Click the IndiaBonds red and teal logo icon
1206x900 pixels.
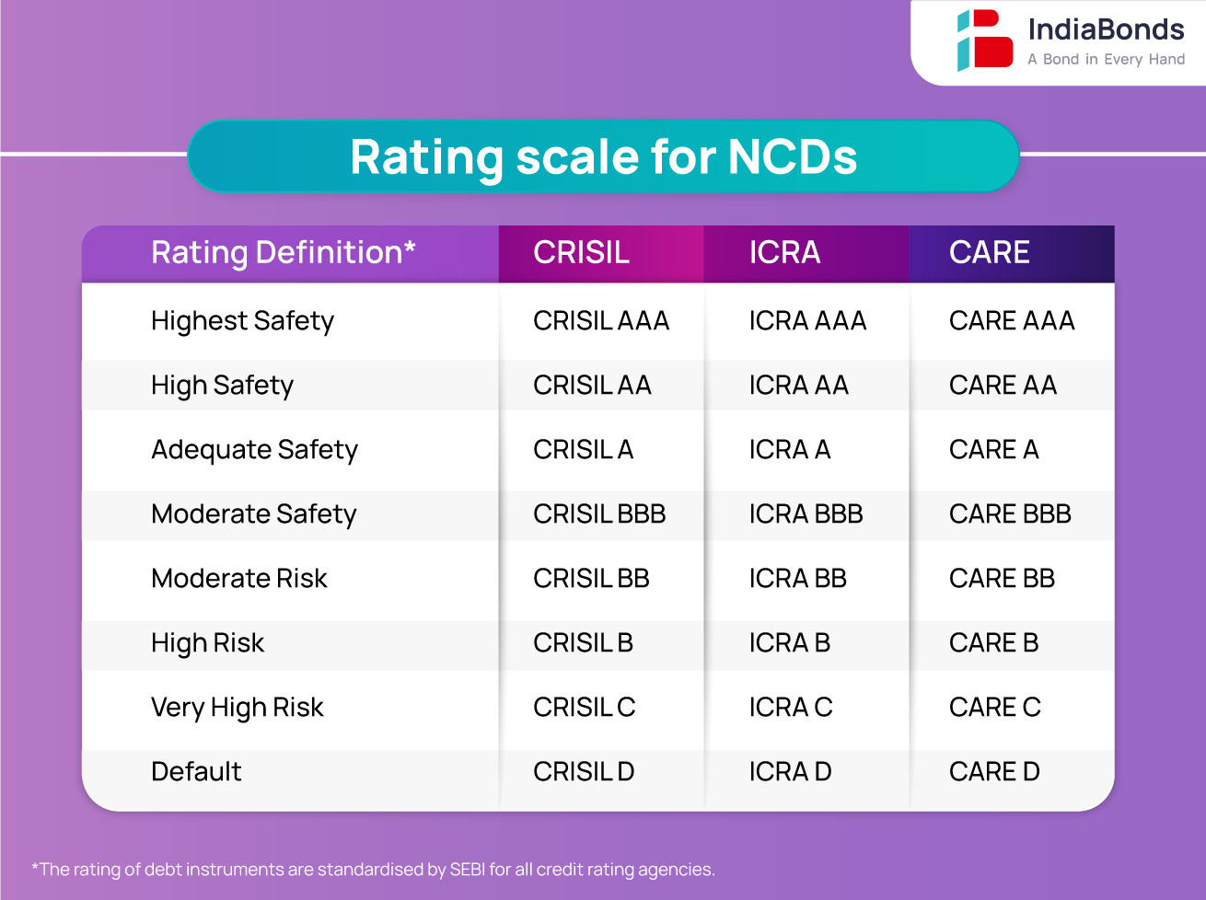pyautogui.click(x=984, y=40)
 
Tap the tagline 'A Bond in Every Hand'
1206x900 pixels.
pyautogui.click(x=1106, y=60)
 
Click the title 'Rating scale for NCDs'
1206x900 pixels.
pyautogui.click(x=603, y=156)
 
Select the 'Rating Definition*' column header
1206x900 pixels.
pyautogui.click(x=284, y=252)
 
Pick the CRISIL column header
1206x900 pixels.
pyautogui.click(x=581, y=252)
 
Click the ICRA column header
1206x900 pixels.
pyautogui.click(x=784, y=252)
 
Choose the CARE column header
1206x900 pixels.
pyautogui.click(x=989, y=252)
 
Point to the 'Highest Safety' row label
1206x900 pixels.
pyautogui.click(x=242, y=321)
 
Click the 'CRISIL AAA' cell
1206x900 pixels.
pyautogui.click(x=601, y=321)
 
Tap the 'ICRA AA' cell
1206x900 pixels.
pyautogui.click(x=798, y=386)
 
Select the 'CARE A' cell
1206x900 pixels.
pyautogui.click(x=993, y=450)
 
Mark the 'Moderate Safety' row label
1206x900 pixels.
pyautogui.click(x=253, y=514)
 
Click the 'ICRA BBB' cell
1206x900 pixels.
pyautogui.click(x=806, y=514)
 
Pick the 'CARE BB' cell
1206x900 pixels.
pyautogui.click(x=1002, y=579)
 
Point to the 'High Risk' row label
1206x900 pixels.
pyautogui.click(x=207, y=643)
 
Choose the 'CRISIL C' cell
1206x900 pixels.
pyautogui.click(x=584, y=708)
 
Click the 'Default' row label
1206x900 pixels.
pyautogui.click(x=196, y=772)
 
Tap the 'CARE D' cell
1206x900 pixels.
pyautogui.click(x=994, y=772)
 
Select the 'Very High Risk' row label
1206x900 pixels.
pyautogui.click(x=237, y=708)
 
